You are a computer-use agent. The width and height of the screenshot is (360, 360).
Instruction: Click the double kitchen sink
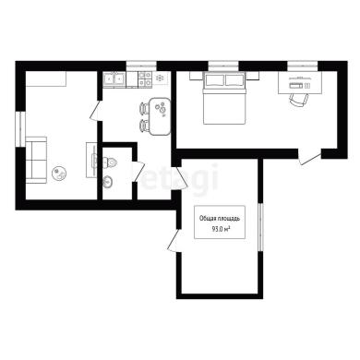click(114, 78)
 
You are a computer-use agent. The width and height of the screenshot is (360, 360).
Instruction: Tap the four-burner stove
click(145, 78)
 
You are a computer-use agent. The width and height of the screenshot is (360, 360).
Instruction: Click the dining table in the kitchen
click(160, 116)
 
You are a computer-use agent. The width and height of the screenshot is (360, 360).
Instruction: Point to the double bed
click(224, 98)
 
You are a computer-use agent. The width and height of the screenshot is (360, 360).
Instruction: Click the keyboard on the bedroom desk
click(296, 86)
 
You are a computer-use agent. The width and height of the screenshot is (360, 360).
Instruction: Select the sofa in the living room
click(36, 160)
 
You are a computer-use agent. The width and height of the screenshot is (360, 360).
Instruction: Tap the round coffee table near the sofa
click(58, 174)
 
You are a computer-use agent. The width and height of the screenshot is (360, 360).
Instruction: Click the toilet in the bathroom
click(109, 162)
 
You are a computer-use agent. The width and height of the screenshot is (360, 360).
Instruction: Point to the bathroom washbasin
click(108, 182)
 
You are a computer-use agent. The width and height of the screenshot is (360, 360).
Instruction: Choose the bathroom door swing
click(139, 172)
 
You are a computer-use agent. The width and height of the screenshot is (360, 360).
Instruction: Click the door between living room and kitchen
click(96, 111)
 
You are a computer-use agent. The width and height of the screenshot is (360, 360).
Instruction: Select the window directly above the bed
click(223, 66)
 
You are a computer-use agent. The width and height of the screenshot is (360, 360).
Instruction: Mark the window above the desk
click(303, 66)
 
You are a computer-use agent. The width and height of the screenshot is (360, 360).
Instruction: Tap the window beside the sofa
click(20, 128)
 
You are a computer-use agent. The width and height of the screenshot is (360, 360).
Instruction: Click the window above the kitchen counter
click(141, 66)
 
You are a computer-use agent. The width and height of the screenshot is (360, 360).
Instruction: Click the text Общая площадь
click(220, 219)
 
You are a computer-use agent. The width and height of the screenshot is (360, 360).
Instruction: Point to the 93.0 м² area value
click(221, 229)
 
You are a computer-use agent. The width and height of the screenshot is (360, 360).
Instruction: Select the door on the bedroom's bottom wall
click(310, 157)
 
